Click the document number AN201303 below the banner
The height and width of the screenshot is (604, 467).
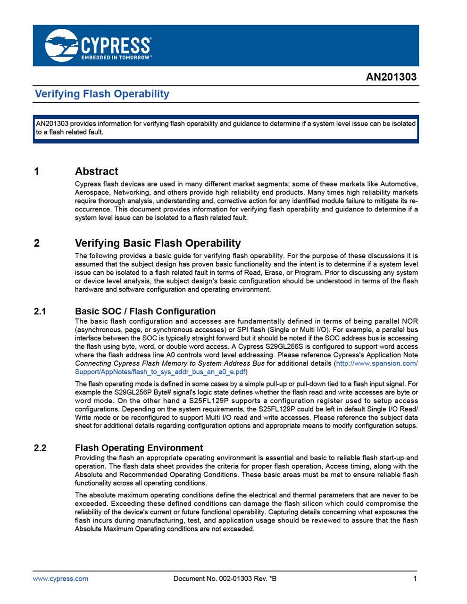tap(391, 77)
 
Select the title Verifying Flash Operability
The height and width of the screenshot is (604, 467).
tap(102, 94)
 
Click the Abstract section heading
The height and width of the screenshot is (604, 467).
tap(96, 171)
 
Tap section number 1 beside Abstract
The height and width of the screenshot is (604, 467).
tap(37, 171)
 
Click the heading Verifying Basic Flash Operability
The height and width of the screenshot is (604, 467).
tap(158, 243)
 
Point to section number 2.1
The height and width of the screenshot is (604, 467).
tap(40, 311)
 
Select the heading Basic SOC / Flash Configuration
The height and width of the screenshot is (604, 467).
tap(145, 311)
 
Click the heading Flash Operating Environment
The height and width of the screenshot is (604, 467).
tap(139, 448)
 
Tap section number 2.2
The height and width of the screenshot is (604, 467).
tap(40, 448)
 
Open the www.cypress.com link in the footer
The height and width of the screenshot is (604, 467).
tap(60, 579)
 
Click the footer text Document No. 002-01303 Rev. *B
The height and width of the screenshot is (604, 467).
tap(225, 579)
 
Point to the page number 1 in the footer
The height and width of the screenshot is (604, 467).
tap(415, 579)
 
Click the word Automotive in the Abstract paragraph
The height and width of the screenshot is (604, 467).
tap(399, 184)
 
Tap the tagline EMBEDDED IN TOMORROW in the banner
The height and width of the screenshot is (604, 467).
tap(116, 58)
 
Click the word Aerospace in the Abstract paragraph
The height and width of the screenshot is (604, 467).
tap(91, 193)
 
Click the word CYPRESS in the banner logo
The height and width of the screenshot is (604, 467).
tap(116, 46)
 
